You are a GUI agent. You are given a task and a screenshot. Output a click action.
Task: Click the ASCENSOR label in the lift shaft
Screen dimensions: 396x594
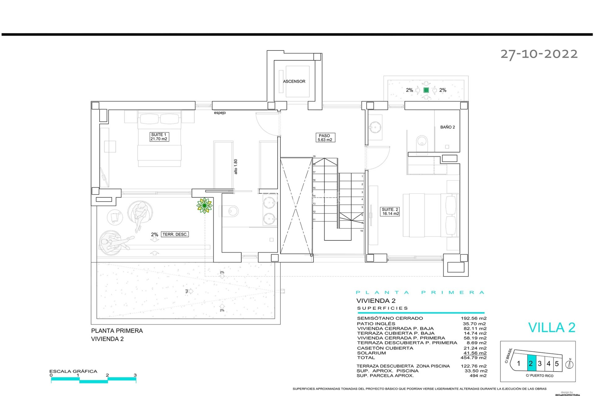pyautogui.click(x=294, y=81)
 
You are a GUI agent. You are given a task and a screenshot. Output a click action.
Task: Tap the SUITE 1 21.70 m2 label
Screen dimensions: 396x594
pyautogui.click(x=159, y=137)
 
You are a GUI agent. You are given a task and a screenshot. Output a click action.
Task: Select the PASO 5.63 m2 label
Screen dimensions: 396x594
pyautogui.click(x=325, y=138)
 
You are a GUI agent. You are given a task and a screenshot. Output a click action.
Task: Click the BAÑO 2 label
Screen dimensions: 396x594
pyautogui.click(x=447, y=127)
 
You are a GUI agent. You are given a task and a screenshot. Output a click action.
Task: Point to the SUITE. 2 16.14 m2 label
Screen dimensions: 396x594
pyautogui.click(x=390, y=212)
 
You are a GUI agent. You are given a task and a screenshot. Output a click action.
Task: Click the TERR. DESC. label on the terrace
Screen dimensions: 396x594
pyautogui.click(x=175, y=235)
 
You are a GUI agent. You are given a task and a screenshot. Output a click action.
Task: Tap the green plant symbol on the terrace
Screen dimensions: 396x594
pyautogui.click(x=204, y=205)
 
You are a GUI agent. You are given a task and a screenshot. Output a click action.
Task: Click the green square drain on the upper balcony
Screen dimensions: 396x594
pyautogui.click(x=426, y=90)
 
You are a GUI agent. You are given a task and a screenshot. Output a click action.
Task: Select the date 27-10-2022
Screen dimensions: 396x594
pyautogui.click(x=539, y=54)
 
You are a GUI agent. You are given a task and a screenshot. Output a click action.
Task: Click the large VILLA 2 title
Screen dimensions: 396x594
pyautogui.click(x=552, y=328)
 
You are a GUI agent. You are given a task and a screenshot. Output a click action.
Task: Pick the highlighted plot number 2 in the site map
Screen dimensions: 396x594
pyautogui.click(x=531, y=364)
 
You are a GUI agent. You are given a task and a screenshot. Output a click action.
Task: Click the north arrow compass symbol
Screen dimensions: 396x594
pyautogui.click(x=569, y=364)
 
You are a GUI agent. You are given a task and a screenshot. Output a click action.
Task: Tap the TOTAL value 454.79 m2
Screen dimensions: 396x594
pyautogui.click(x=473, y=358)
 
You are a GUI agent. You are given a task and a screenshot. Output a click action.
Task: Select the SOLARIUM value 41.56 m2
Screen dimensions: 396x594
pyautogui.click(x=475, y=353)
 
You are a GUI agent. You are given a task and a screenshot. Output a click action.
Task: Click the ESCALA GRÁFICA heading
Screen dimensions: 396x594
pyautogui.click(x=73, y=371)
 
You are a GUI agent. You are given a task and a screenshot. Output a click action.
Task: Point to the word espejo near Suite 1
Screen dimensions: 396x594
pyautogui.click(x=220, y=113)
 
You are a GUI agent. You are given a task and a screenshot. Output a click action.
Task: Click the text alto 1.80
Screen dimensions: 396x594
pyautogui.click(x=236, y=167)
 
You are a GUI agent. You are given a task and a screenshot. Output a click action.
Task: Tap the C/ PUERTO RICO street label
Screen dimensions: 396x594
pyautogui.click(x=540, y=376)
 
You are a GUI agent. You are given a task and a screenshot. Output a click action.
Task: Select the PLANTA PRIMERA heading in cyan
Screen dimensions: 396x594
pyautogui.click(x=420, y=292)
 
